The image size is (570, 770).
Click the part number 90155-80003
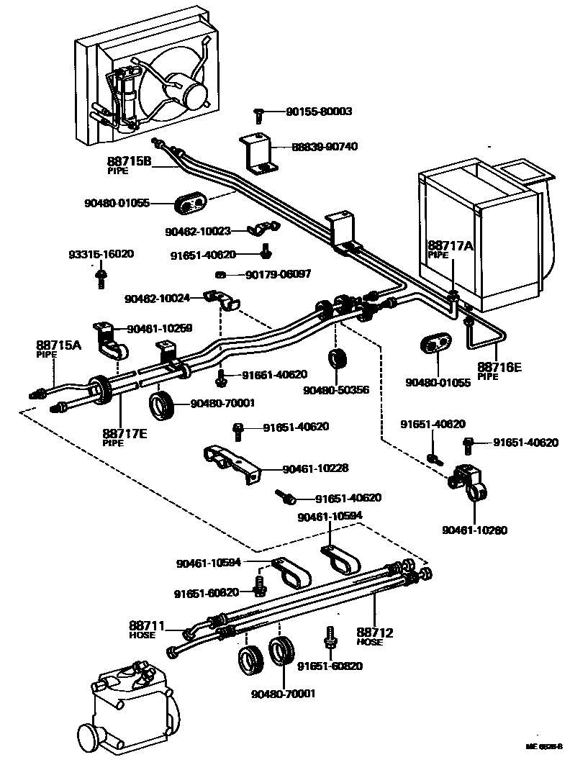pos(319,112)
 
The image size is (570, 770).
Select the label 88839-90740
pos(325,146)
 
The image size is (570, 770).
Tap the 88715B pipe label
pos(129,162)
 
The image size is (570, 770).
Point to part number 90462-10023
pos(198,231)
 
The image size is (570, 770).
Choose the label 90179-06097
pos(279,274)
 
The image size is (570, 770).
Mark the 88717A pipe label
pos(451,246)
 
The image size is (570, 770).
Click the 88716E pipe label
pos(499,367)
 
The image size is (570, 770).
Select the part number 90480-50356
pos(336,389)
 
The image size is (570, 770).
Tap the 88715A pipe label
pos(58,345)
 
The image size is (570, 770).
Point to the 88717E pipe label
pos(125,433)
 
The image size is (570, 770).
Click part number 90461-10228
pos(315,468)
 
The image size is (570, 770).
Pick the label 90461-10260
pos(475,530)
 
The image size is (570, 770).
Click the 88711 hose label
pos(147,625)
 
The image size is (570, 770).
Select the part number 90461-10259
pos(160,328)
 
